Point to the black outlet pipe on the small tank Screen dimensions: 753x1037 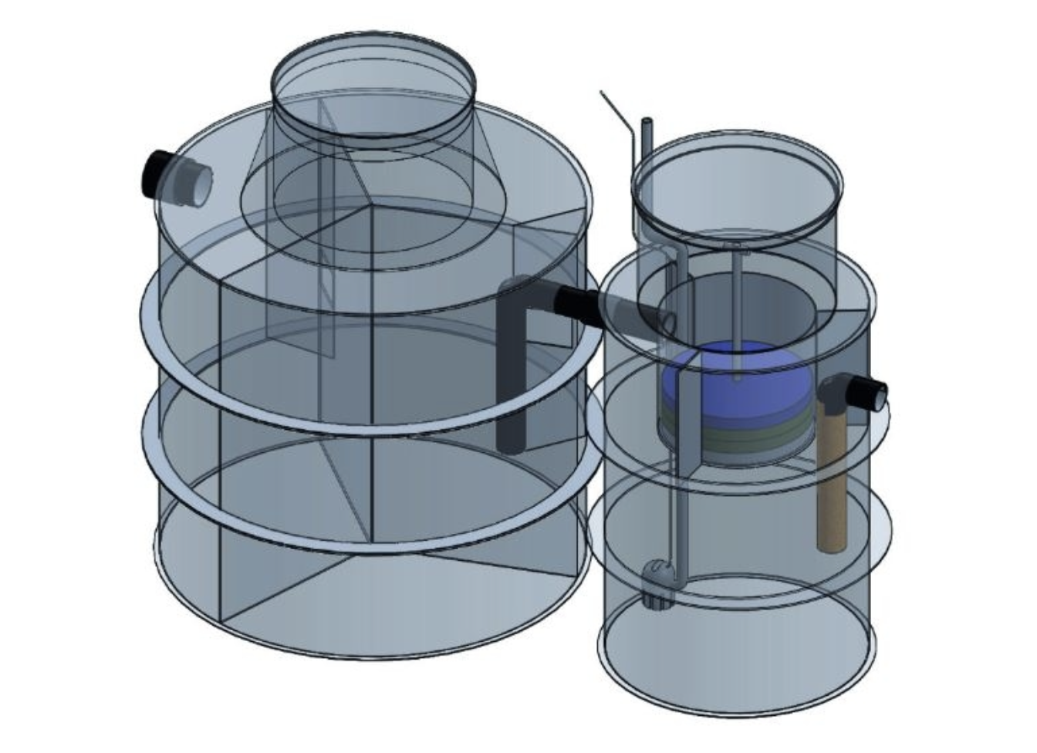tap(869, 392)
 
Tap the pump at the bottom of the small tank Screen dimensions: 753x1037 tap(657, 583)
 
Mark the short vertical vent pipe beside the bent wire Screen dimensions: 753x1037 tap(647, 143)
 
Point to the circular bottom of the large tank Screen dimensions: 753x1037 tap(370, 609)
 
